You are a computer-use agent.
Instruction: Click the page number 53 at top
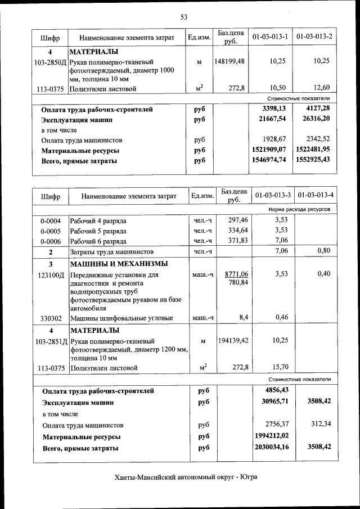pyautogui.click(x=183, y=17)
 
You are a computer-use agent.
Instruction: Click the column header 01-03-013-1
pyautogui.click(x=271, y=37)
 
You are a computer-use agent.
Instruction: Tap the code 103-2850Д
pyautogui.click(x=51, y=61)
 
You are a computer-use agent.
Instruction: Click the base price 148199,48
pyautogui.click(x=229, y=61)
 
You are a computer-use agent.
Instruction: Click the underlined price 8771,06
pyautogui.click(x=236, y=274)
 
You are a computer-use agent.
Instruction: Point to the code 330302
pyautogui.click(x=51, y=318)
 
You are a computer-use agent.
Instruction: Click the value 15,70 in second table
pyautogui.click(x=279, y=367)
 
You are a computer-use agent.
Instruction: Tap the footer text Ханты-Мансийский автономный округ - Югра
pyautogui.click(x=186, y=477)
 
